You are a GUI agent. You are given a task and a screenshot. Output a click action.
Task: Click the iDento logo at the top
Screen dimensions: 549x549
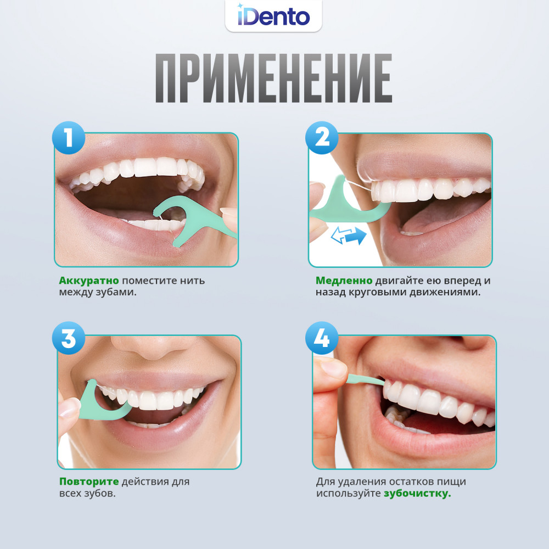click(273, 16)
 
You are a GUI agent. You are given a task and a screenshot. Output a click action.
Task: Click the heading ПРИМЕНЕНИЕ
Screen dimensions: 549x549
click(274, 78)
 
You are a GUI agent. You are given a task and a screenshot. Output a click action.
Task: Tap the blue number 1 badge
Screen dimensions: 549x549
click(69, 138)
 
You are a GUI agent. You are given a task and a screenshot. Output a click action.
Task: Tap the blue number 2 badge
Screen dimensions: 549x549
click(322, 138)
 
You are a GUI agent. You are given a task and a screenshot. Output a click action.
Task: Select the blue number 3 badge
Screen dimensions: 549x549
click(69, 338)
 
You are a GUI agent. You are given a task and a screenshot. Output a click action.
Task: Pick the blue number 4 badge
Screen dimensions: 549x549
click(322, 338)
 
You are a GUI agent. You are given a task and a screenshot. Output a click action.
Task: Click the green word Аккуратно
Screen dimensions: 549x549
click(89, 281)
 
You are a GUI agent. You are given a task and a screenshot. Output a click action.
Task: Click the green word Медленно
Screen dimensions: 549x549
click(344, 281)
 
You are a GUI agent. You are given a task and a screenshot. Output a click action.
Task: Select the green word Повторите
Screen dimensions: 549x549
click(89, 481)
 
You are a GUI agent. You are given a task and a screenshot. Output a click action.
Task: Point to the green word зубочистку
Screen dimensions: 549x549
click(417, 494)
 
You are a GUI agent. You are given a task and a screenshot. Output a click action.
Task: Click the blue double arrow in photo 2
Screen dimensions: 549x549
click(349, 236)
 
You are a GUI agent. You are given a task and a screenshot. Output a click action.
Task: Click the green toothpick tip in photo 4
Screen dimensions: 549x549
click(366, 379)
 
